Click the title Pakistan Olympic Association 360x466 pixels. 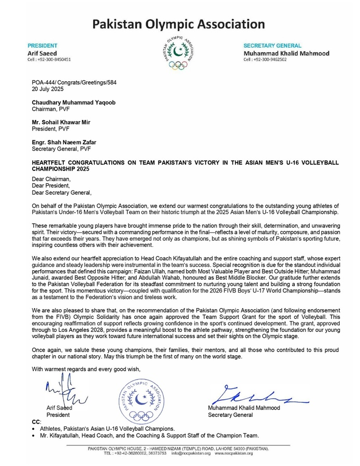coord(178,24)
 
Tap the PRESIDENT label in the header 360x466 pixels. coord(42,46)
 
